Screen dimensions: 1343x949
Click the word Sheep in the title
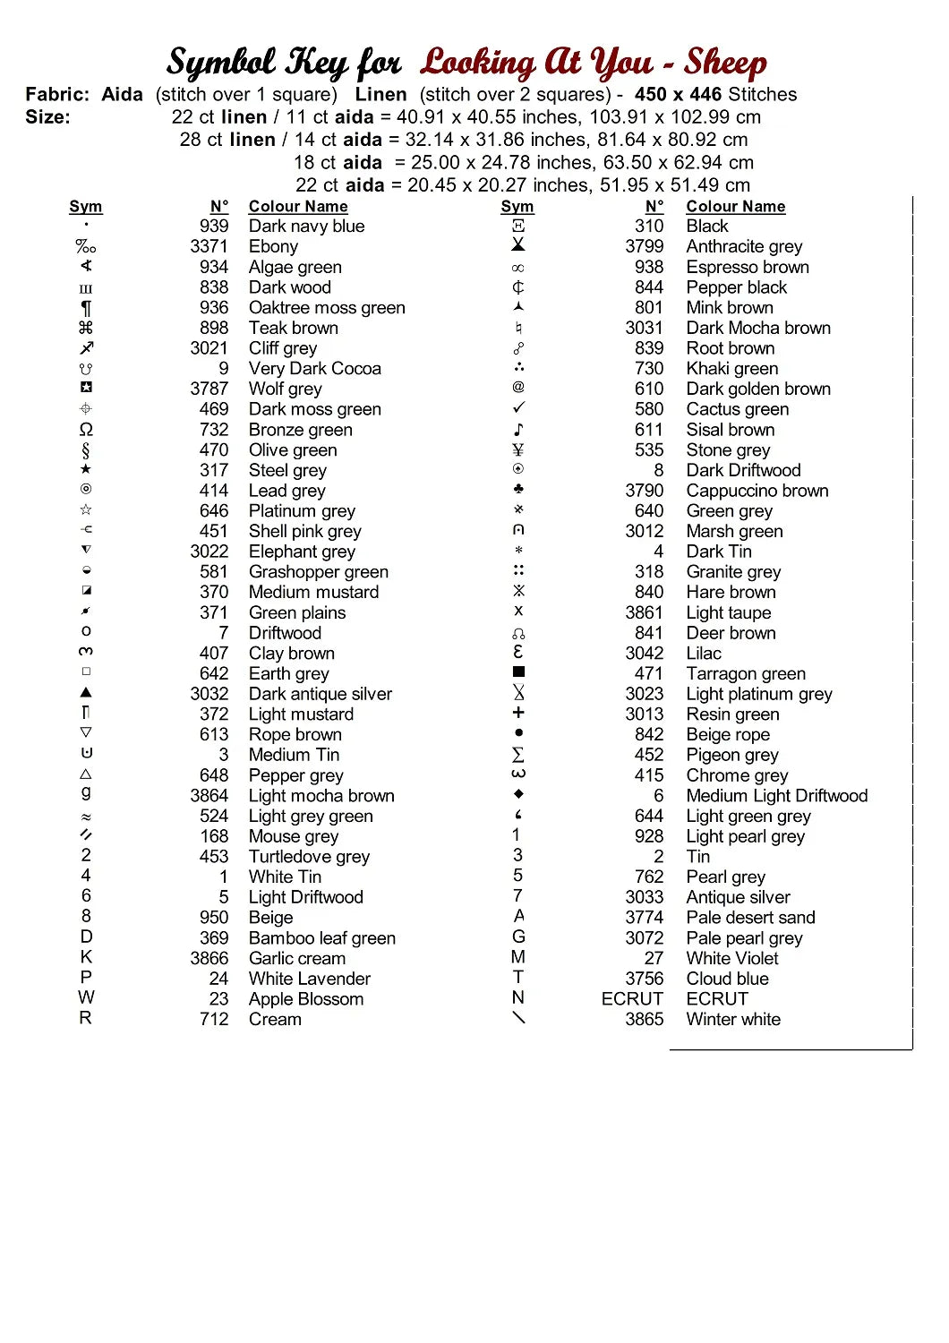coord(725,63)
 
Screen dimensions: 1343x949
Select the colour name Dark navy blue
coord(306,227)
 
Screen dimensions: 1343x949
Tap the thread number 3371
coord(209,246)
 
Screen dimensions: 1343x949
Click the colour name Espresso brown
coord(747,267)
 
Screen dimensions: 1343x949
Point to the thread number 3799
coord(644,246)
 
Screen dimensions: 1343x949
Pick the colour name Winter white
coord(732,1019)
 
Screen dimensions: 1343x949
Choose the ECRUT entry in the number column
coord(632,998)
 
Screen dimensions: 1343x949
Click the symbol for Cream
coord(86,1018)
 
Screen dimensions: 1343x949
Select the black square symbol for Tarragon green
coord(518,671)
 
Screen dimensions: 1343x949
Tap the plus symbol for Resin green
coord(518,713)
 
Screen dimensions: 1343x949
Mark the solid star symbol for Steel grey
coord(86,469)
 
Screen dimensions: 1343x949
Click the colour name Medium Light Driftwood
coord(776,796)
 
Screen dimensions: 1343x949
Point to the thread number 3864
coord(209,796)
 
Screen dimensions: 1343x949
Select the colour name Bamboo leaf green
coord(321,938)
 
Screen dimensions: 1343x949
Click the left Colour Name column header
coord(297,207)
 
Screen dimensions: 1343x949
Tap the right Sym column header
coord(517,207)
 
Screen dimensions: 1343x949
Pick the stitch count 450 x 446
coord(678,95)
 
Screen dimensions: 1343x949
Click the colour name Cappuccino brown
coord(757,491)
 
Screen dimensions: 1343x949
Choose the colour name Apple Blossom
coord(305,999)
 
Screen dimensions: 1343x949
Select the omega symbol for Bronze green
coord(86,430)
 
